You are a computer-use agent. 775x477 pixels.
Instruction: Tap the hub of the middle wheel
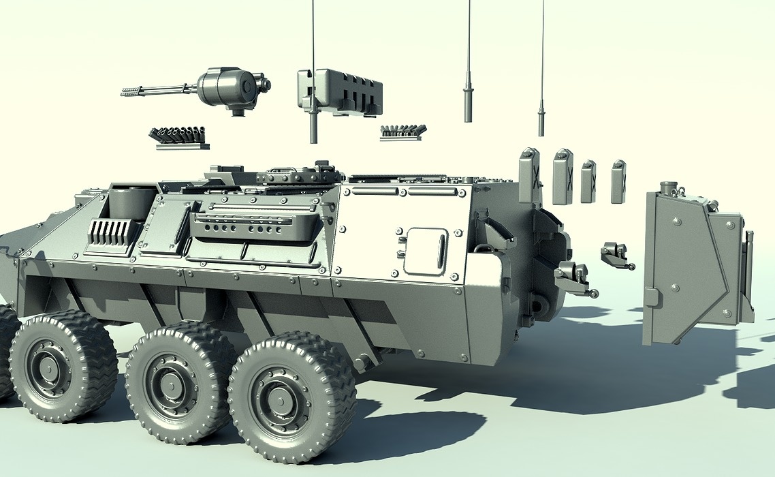coord(171,386)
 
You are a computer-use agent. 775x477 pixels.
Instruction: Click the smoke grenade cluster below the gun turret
coord(178,136)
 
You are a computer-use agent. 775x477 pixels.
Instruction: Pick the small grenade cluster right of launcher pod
coord(402,132)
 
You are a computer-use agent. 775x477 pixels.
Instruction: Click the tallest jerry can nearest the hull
coord(529,176)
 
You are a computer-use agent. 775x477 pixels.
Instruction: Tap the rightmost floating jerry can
coord(618,181)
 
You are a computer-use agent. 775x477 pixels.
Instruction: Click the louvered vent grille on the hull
coord(110,232)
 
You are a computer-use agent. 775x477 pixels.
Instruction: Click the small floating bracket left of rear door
coord(616,255)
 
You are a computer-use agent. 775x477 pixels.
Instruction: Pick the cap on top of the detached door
coord(669,187)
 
